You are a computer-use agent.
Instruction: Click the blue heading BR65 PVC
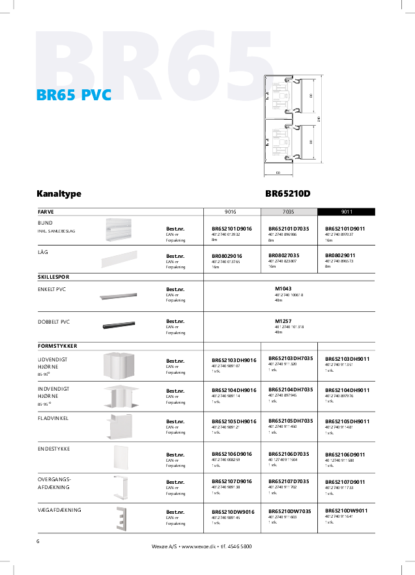pyautogui.click(x=74, y=96)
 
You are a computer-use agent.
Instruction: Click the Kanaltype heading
pyautogui.click(x=59, y=194)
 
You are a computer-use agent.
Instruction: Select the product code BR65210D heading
pyautogui.click(x=288, y=194)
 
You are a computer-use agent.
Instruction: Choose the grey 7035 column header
pyautogui.click(x=289, y=212)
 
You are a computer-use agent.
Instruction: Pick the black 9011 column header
pyautogui.click(x=346, y=212)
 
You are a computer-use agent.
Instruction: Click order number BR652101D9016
pyautogui.click(x=231, y=229)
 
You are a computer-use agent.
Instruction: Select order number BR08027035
pyautogui.click(x=283, y=255)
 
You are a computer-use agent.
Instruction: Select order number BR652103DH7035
pyautogui.click(x=291, y=359)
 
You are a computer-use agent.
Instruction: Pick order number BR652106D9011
pyautogui.click(x=345, y=454)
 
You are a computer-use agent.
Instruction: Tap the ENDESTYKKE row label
pyautogui.click(x=54, y=449)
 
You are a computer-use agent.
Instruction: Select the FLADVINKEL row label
pyautogui.click(x=53, y=417)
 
